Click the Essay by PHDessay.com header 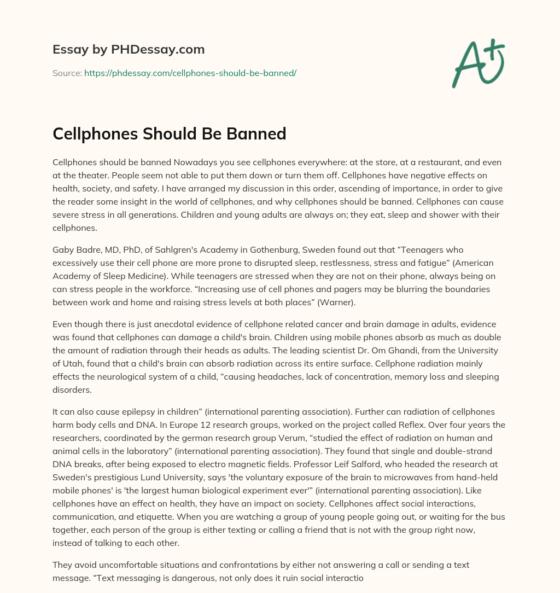pos(129,50)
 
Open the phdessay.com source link pos(190,73)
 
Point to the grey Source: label pos(67,73)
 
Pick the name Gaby pos(63,249)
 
